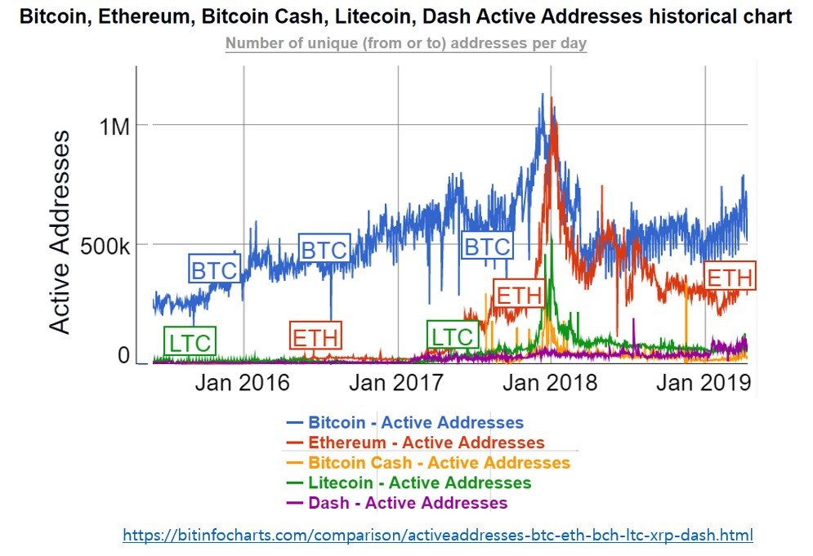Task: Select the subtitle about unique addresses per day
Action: (x=406, y=43)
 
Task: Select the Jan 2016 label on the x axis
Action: (x=242, y=382)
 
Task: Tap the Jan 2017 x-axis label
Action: (x=396, y=382)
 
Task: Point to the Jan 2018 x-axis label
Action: (x=551, y=382)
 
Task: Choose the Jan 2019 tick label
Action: (x=704, y=382)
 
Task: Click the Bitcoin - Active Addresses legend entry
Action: (x=404, y=423)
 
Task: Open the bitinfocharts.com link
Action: (x=438, y=536)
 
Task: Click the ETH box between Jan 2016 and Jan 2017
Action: (x=315, y=336)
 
